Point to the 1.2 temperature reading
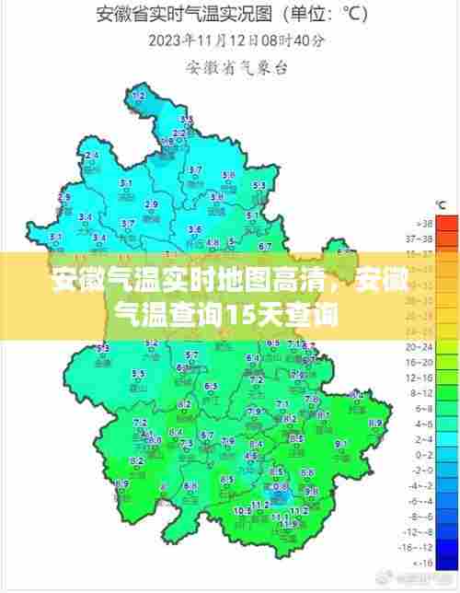pos(139,96)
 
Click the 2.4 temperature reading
pos(91,156)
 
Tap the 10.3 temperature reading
pos(242,509)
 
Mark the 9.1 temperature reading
pos(339,443)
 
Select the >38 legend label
pos(424,224)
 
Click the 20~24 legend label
pos(424,346)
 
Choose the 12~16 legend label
pos(424,377)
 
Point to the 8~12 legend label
pos(424,392)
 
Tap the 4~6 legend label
pos(424,424)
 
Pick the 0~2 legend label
pos(424,454)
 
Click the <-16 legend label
pos(424,562)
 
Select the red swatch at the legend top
pos(446,224)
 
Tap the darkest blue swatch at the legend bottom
pos(446,562)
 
